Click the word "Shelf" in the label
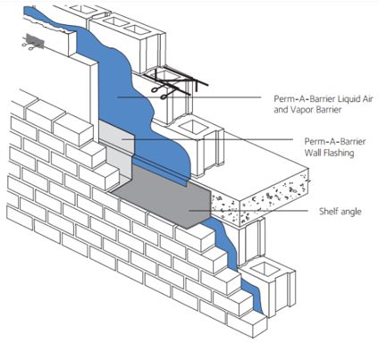pos(327,212)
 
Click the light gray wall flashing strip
pos(117,141)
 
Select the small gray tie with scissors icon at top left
pos(33,42)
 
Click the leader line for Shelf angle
pos(248,211)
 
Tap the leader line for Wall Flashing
pos(207,139)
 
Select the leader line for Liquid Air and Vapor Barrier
pos(189,96)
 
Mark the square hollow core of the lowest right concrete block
pos(265,270)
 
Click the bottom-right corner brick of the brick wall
pos(247,323)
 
